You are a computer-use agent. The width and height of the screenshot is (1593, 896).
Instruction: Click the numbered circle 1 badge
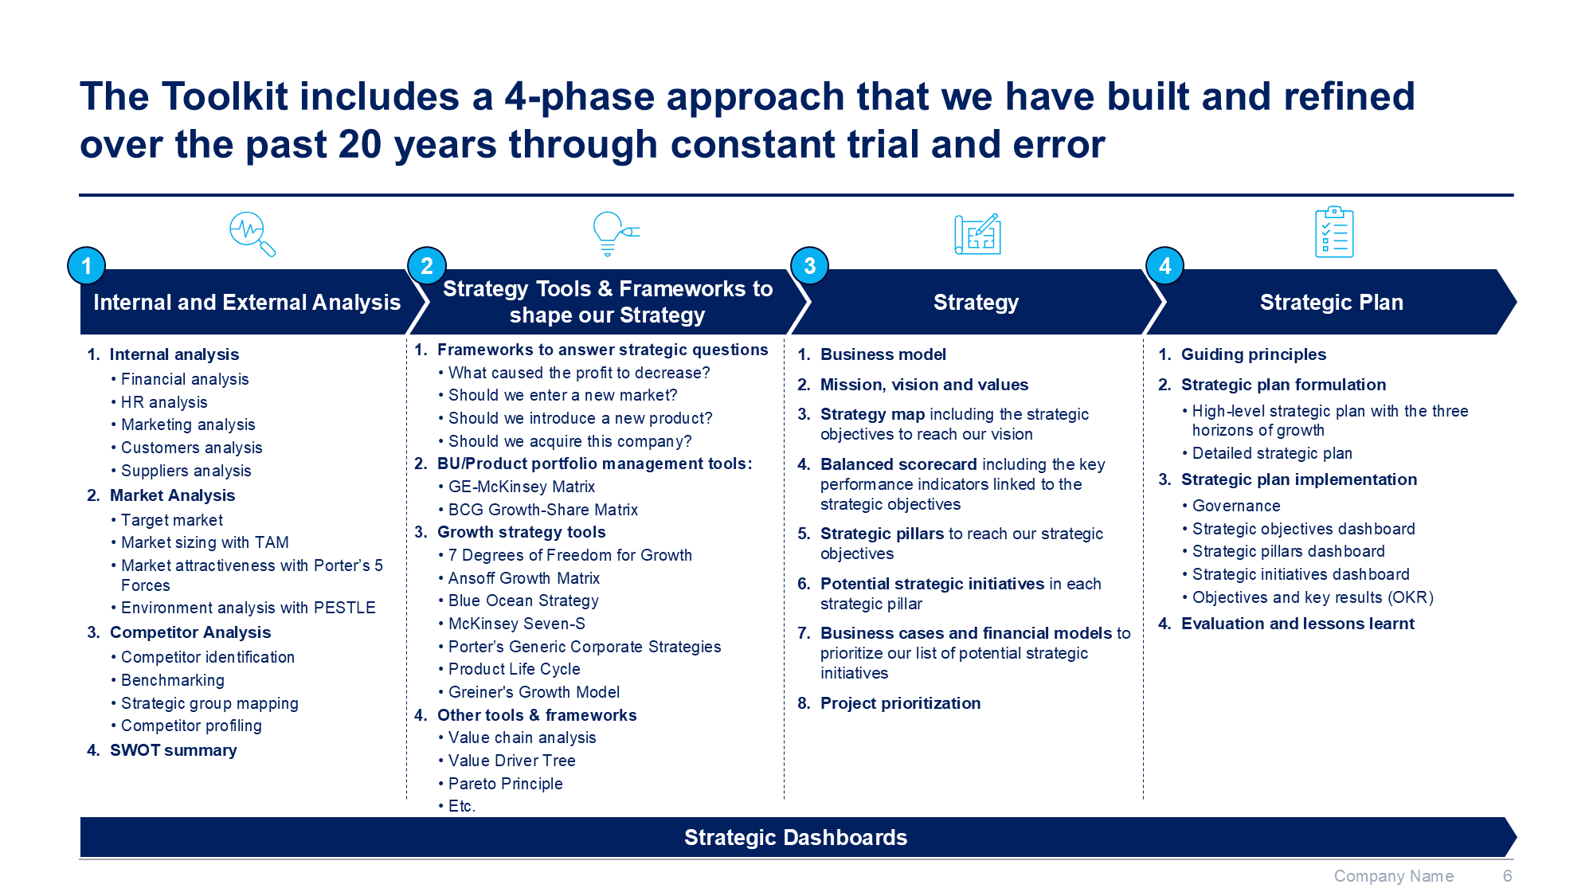pos(87,266)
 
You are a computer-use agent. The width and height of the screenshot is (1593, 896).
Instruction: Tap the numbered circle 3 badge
pos(810,266)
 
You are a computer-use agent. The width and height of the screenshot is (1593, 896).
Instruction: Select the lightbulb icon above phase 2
pos(616,233)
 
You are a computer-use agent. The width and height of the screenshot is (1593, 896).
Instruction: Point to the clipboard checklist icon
pos(1334,233)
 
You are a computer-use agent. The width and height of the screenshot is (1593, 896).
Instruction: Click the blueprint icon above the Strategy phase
pos(977,234)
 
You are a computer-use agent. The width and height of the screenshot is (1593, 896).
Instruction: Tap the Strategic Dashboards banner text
pos(796,838)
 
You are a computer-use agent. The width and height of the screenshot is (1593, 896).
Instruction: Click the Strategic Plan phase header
pos(1332,303)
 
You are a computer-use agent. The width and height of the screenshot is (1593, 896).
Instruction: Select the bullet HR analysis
pos(164,402)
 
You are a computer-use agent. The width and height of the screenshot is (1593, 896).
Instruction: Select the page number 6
pos(1507,876)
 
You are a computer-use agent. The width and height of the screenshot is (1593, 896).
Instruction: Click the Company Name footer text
pos(1394,876)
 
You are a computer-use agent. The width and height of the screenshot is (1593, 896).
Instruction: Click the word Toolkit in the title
pos(225,97)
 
